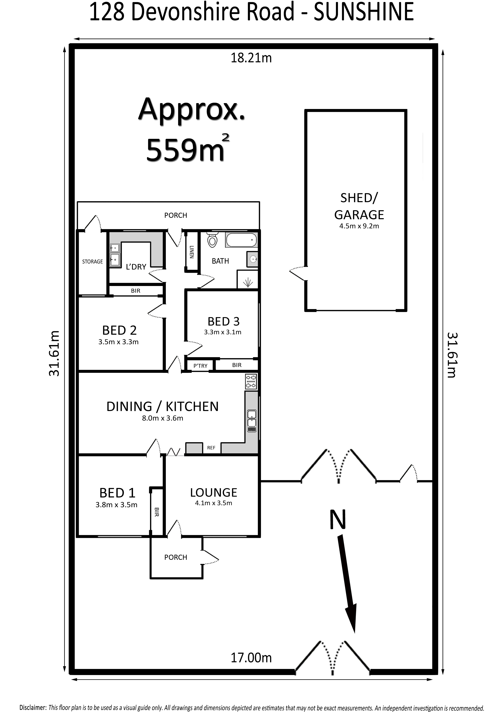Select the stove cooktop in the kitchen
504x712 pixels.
tap(251, 381)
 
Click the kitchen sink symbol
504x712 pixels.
tap(252, 421)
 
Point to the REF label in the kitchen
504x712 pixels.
tap(211, 448)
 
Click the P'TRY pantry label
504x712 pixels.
tap(200, 366)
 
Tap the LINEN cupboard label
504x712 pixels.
tap(192, 252)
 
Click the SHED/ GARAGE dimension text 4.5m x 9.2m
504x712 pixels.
tap(359, 226)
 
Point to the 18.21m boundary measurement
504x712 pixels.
tap(251, 58)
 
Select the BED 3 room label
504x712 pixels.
tap(224, 321)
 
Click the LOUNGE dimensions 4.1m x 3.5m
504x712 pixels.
tap(214, 503)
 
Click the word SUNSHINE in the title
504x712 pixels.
tap(364, 12)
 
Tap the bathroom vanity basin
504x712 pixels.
tap(253, 259)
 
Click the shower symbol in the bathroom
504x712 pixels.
tap(248, 283)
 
